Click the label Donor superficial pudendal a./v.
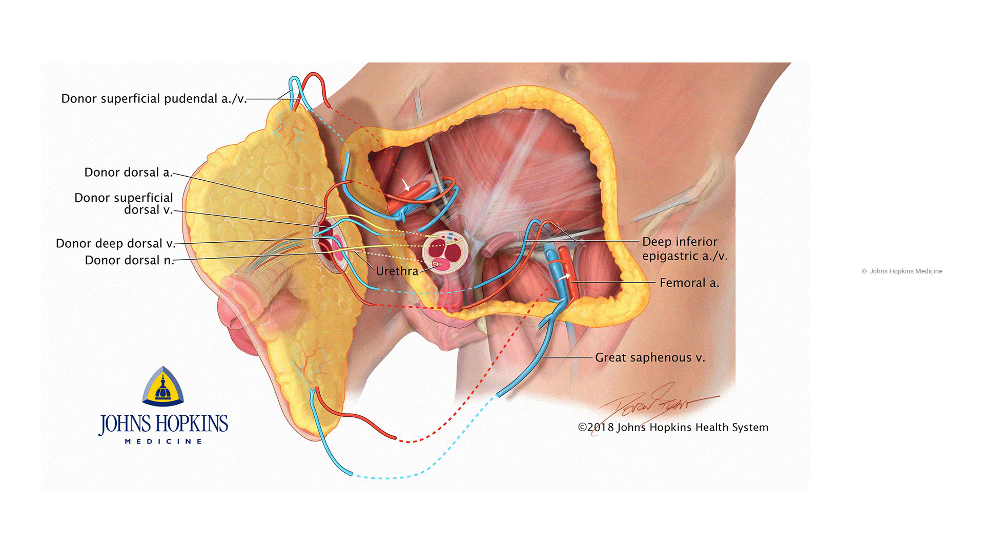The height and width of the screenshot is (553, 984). (154, 99)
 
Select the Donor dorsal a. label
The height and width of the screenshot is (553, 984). (128, 173)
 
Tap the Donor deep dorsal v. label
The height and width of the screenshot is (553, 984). (115, 244)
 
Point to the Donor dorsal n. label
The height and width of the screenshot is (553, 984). (129, 261)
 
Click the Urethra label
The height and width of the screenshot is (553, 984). (397, 271)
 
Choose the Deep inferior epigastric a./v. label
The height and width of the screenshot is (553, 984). (684, 249)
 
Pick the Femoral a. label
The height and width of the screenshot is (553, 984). (689, 283)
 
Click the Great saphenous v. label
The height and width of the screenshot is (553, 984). (649, 358)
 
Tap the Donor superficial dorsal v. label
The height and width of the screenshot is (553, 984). (124, 204)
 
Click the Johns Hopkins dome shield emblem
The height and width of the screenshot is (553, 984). (163, 387)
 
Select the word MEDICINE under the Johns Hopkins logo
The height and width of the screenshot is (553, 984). (163, 441)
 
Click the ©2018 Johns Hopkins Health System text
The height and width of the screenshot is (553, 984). (673, 428)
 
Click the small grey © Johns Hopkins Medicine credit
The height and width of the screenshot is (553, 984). (901, 271)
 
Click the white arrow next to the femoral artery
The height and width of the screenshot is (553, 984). (564, 277)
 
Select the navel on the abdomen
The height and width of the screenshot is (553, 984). (568, 73)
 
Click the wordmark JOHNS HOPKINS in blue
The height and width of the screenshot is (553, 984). (163, 424)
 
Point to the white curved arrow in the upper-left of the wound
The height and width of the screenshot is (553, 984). (405, 184)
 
